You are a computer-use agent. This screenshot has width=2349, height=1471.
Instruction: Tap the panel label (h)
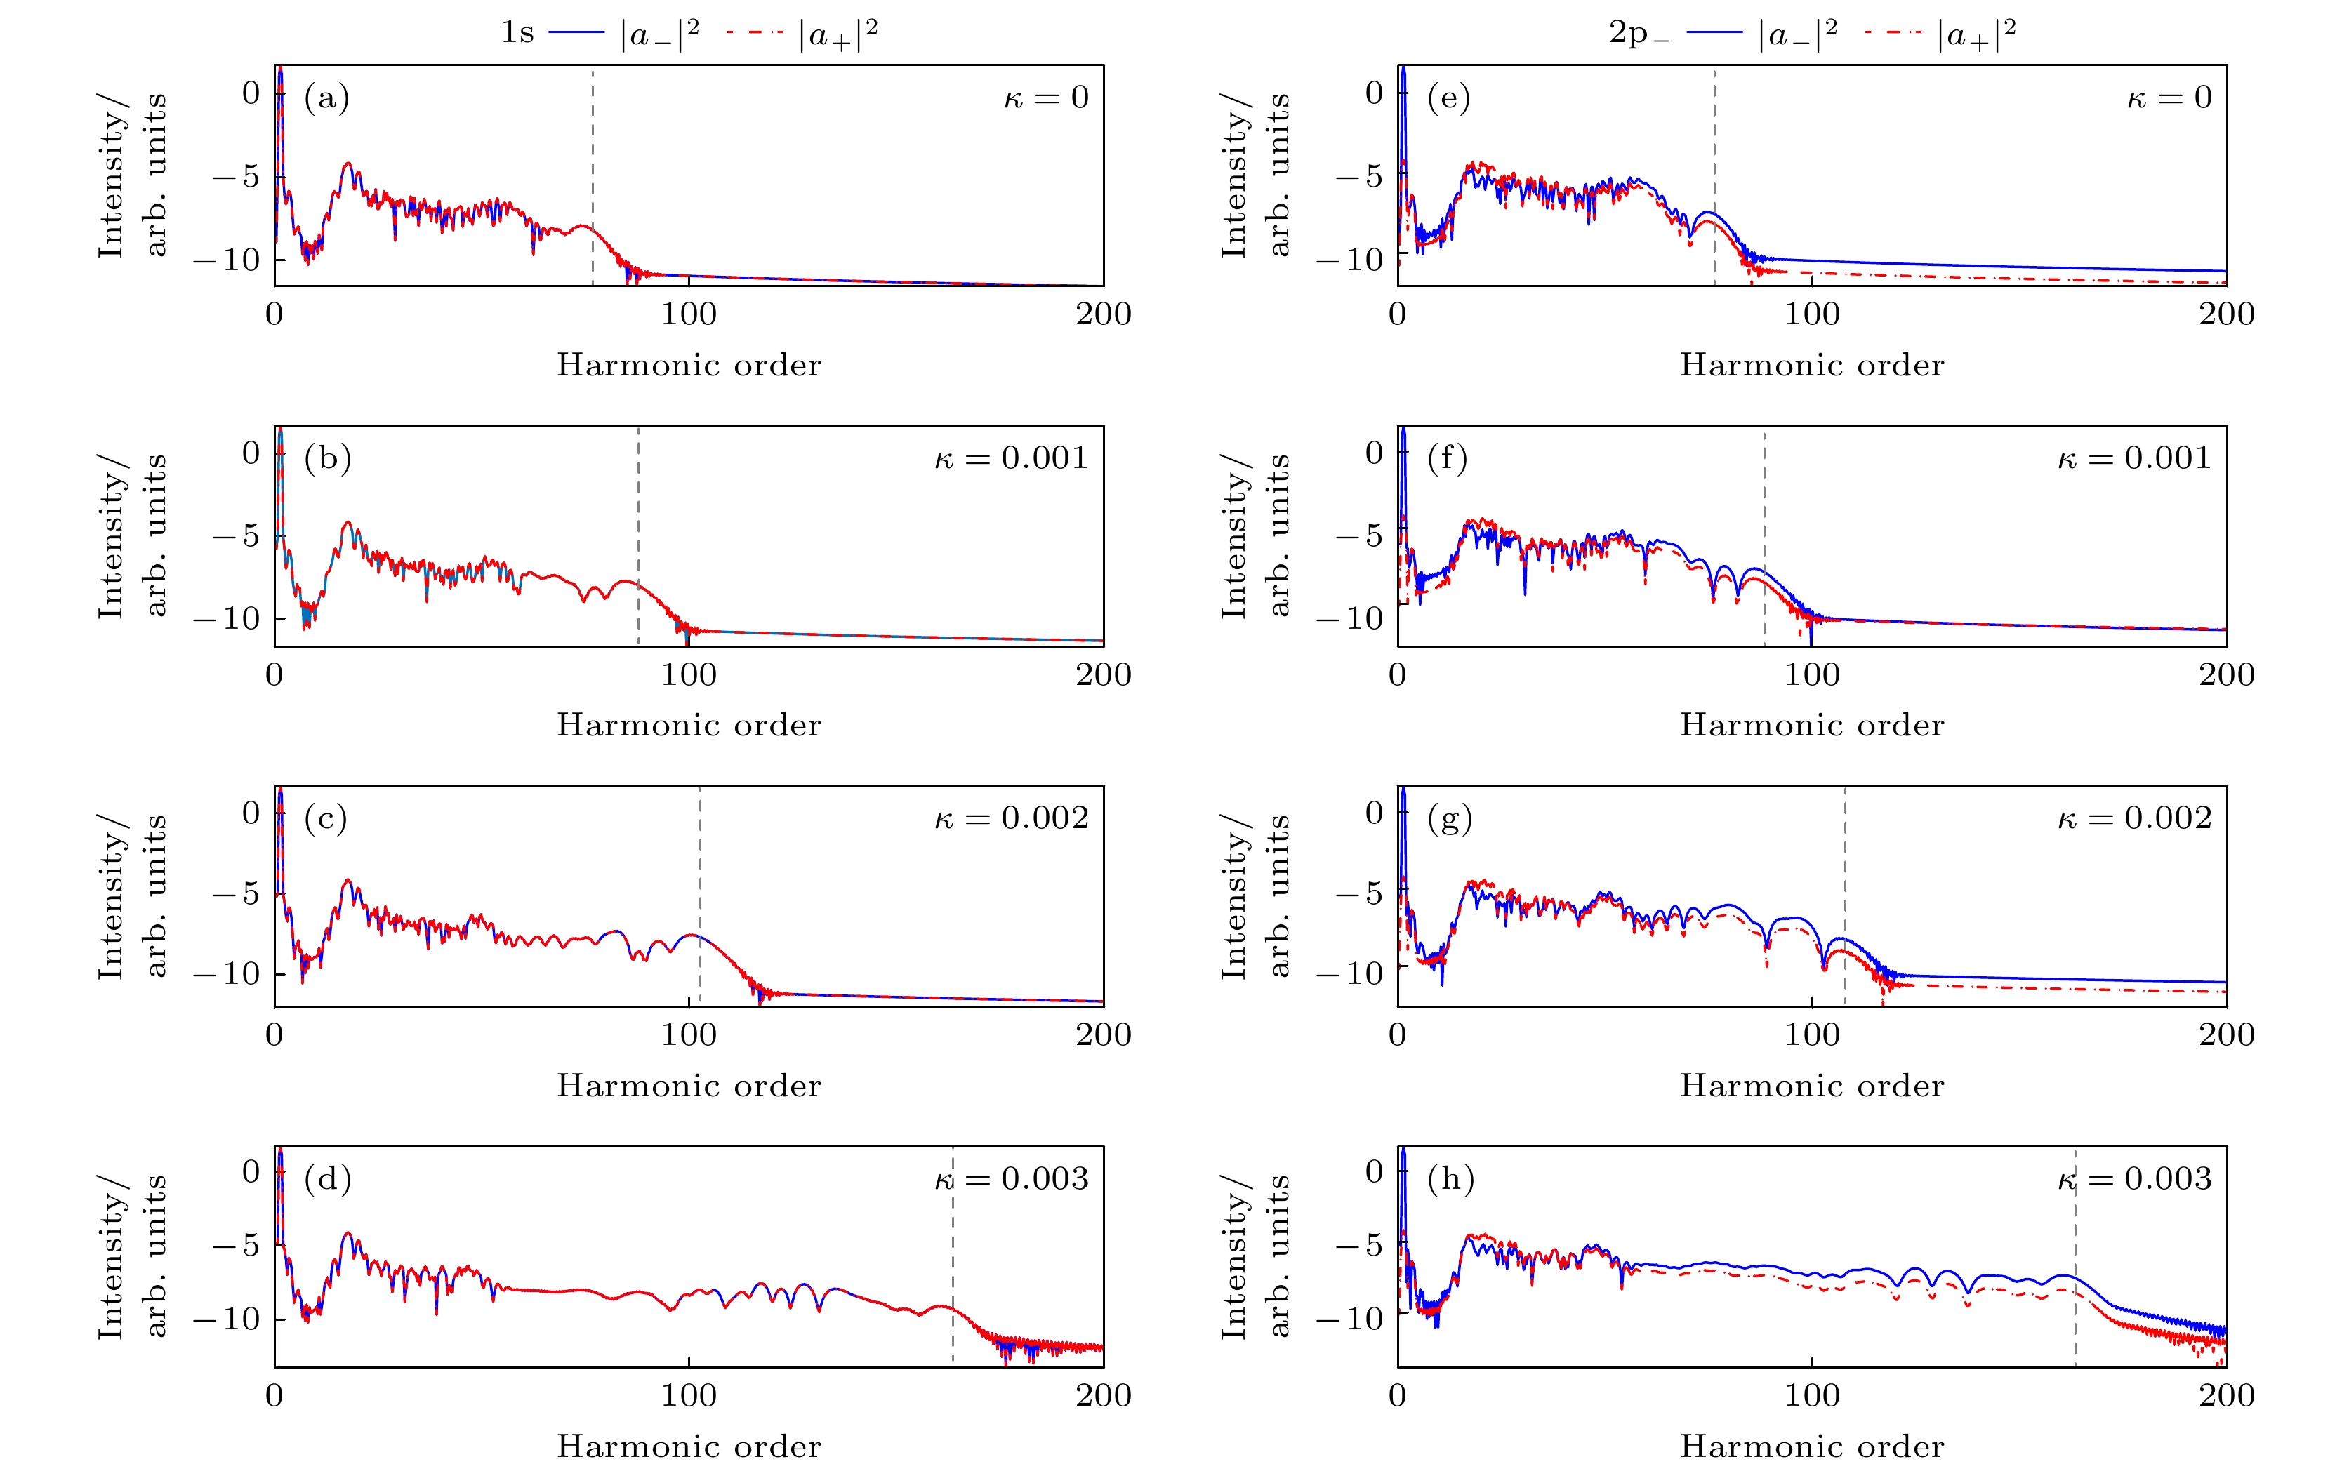[x=1450, y=1179]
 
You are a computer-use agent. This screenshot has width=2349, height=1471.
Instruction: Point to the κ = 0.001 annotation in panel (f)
[x=2134, y=458]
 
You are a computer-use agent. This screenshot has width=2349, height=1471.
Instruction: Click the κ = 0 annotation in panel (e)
[x=2169, y=98]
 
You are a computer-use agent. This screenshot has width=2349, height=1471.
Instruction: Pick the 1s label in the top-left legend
[x=517, y=33]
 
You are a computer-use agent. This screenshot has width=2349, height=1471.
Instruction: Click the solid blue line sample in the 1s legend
[x=577, y=33]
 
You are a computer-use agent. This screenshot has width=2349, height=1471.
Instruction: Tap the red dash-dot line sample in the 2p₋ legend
[x=1893, y=33]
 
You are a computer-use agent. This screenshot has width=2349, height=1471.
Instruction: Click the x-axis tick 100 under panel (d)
[x=689, y=1396]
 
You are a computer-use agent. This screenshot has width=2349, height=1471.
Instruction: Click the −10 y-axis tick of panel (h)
[x=1349, y=1319]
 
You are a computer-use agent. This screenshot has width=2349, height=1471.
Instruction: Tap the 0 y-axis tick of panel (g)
[x=1373, y=813]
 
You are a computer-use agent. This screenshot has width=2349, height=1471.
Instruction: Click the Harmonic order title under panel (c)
[x=689, y=1086]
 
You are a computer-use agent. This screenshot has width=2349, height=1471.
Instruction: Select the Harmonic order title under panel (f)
[x=1812, y=726]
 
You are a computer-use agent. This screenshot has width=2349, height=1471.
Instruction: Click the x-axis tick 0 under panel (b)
[x=274, y=675]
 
